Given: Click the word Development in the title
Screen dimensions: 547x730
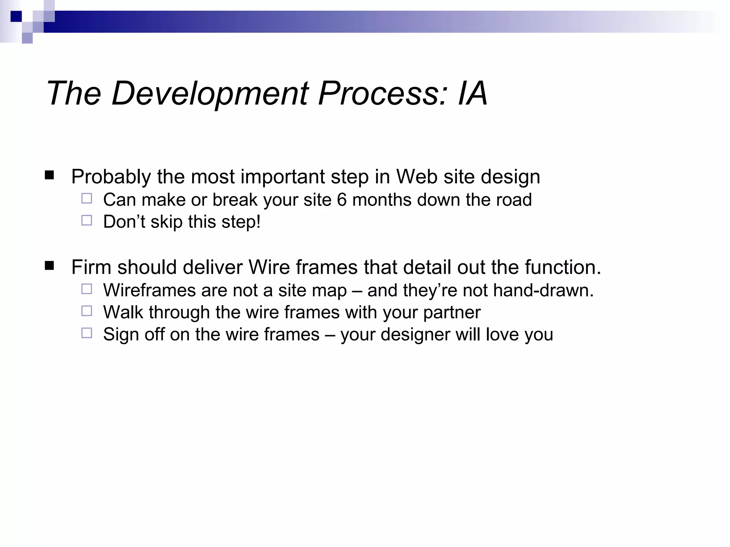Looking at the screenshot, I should [210, 93].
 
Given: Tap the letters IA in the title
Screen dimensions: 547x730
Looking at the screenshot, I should [473, 93].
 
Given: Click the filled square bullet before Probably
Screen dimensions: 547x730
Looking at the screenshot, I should [50, 175].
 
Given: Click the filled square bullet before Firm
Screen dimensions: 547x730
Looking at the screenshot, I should [50, 266].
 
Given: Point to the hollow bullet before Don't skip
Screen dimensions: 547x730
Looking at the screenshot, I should [87, 220].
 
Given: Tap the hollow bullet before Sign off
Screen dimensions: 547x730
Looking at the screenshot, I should [87, 333].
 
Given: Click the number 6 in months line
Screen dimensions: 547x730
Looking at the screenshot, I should [341, 199].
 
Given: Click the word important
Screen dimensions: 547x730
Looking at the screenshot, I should [283, 177].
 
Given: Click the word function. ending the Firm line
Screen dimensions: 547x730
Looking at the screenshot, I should [563, 267].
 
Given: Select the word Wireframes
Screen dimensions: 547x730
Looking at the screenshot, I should [149, 290].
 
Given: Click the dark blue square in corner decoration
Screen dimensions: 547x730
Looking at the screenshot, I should [16, 16].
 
